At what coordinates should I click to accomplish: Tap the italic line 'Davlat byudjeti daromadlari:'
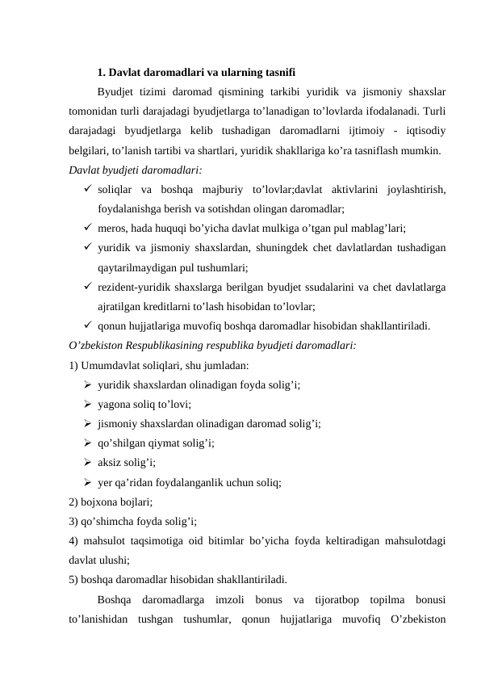coord(136,170)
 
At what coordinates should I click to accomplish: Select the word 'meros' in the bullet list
coord(111,229)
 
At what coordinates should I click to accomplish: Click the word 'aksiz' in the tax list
coord(110,463)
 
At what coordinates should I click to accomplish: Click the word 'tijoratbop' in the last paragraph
coord(337,600)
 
